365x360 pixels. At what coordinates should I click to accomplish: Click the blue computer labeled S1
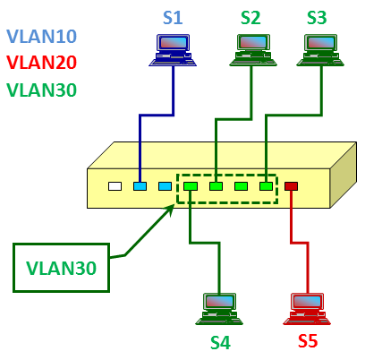click(x=173, y=50)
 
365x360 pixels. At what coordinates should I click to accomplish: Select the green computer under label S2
click(x=253, y=50)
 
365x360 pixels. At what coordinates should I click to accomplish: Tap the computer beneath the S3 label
click(x=320, y=50)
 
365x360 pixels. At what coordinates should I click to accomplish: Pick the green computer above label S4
click(x=219, y=309)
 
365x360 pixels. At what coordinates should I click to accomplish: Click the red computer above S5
click(x=307, y=309)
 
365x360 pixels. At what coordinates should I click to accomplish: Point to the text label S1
click(x=173, y=18)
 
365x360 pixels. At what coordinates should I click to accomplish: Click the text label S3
click(x=317, y=18)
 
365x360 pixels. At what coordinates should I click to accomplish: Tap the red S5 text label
click(x=308, y=340)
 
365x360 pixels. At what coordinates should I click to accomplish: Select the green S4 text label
click(x=221, y=342)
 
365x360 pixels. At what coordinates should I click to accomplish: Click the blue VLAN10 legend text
click(x=42, y=37)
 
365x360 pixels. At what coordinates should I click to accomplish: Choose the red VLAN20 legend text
click(x=42, y=63)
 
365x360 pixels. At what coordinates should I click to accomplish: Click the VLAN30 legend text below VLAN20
click(x=42, y=90)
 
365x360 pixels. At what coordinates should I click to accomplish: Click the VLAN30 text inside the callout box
click(x=61, y=268)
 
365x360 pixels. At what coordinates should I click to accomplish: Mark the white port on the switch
click(x=115, y=186)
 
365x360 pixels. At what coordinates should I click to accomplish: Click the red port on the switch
click(x=291, y=186)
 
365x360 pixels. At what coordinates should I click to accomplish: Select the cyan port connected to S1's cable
click(x=140, y=186)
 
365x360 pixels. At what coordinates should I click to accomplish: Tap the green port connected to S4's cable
click(x=191, y=186)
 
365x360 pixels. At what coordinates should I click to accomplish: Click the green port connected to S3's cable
click(x=266, y=186)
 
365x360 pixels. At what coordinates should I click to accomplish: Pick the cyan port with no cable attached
click(x=165, y=186)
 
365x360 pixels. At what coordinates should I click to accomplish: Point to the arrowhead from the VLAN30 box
click(x=170, y=210)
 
